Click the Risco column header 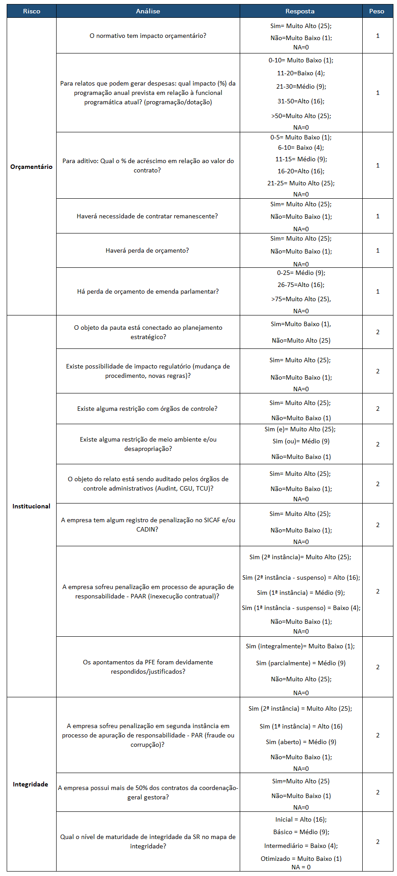pos(32,11)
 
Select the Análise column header pos(148,11)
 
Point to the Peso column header pos(377,11)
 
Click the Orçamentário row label pos(31,167)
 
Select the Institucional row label pos(31,506)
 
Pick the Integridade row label pos(30,784)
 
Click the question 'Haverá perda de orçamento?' pos(147,250)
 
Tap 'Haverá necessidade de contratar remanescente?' pos(147,216)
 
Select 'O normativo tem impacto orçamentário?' pos(148,36)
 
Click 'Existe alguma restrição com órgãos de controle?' pos(147,409)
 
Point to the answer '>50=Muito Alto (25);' pos(301,116)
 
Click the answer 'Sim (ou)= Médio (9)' pos(301,441)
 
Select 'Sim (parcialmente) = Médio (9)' pos(301,663)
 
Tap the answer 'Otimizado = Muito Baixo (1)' pos(301,859)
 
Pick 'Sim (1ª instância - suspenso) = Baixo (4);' pos(301,608)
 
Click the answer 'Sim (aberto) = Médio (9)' pos(301,742)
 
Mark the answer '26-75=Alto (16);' pos(301,285)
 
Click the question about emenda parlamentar pos(148,291)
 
